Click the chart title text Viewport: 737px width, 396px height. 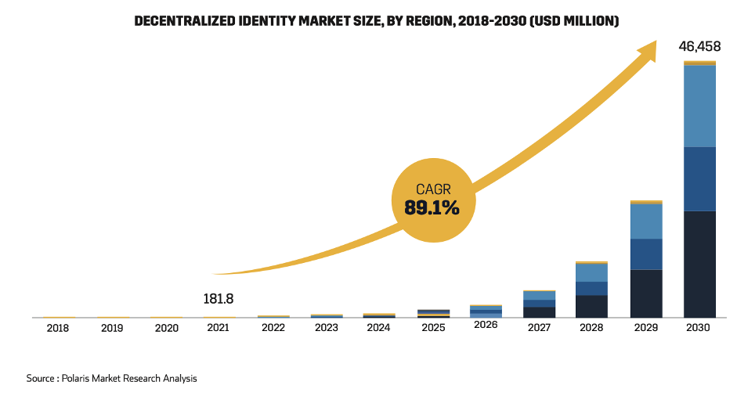pos(377,21)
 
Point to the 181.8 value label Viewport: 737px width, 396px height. pos(218,299)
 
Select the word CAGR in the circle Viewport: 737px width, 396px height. pos(432,188)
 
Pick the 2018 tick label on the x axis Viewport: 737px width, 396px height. pos(57,328)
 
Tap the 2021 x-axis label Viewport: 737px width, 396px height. pos(218,328)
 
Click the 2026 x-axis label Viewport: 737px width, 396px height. pos(486,325)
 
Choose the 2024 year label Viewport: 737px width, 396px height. pos(378,328)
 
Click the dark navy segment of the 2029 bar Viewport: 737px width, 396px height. pos(646,293)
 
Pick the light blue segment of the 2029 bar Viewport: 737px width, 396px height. pos(646,221)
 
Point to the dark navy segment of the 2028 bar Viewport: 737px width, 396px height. pos(592,306)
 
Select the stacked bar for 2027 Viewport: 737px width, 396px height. pos(539,304)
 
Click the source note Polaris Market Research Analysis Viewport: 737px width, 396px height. pos(112,378)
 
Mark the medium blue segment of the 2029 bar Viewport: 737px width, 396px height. pos(646,254)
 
